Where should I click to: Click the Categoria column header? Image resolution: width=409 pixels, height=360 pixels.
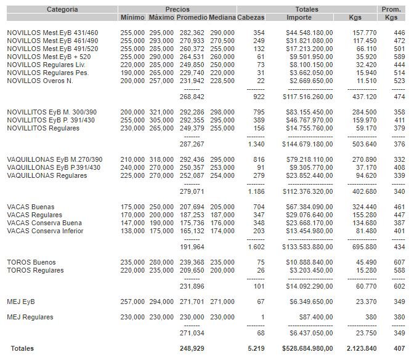point(62,9)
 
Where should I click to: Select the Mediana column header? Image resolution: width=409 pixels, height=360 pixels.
point(221,18)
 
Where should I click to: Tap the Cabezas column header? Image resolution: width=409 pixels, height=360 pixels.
point(251,18)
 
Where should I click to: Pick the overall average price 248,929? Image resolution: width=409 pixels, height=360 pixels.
point(192,348)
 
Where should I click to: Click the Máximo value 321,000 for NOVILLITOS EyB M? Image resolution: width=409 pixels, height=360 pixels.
point(161,112)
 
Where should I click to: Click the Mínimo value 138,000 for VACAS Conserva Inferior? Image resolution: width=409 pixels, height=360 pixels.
point(132,231)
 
